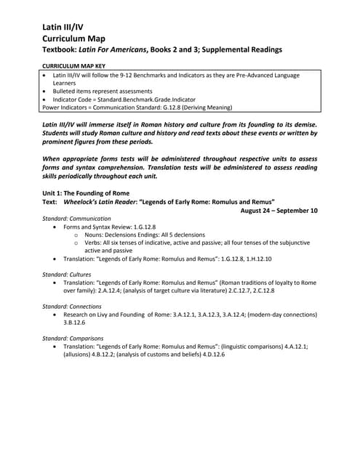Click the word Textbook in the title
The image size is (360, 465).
(65, 50)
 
